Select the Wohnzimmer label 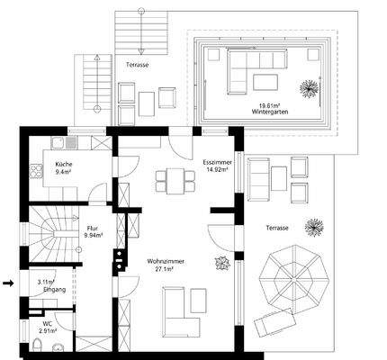[164, 261]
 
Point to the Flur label [92, 229]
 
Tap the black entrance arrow [9, 283]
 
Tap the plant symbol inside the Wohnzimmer [220, 263]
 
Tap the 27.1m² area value [164, 268]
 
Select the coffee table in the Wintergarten [266, 83]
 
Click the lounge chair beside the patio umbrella [274, 323]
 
